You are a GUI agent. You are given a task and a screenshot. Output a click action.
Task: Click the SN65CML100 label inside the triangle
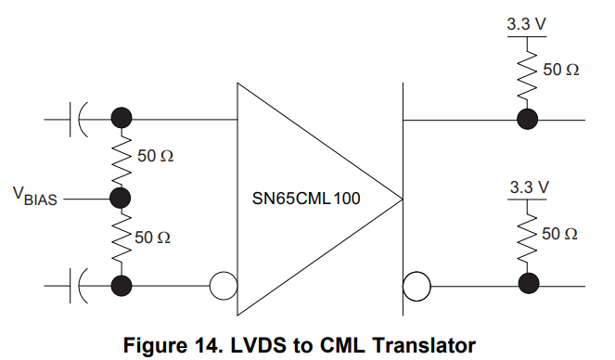(x=306, y=198)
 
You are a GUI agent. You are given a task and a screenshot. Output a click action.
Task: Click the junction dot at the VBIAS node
(x=120, y=198)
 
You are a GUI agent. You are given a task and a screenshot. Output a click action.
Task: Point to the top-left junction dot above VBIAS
(x=120, y=118)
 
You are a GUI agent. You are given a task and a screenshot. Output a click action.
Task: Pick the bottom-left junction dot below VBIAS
(x=120, y=285)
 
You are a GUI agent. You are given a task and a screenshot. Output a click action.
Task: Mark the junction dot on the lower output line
(x=529, y=285)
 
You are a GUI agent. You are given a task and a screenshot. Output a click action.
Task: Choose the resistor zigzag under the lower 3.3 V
(x=529, y=237)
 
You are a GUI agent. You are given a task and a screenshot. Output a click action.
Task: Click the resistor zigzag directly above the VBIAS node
(x=120, y=157)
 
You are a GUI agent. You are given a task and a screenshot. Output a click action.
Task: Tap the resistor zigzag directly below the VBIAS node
(x=120, y=238)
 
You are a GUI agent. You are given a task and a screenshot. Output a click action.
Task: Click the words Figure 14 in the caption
(x=175, y=345)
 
